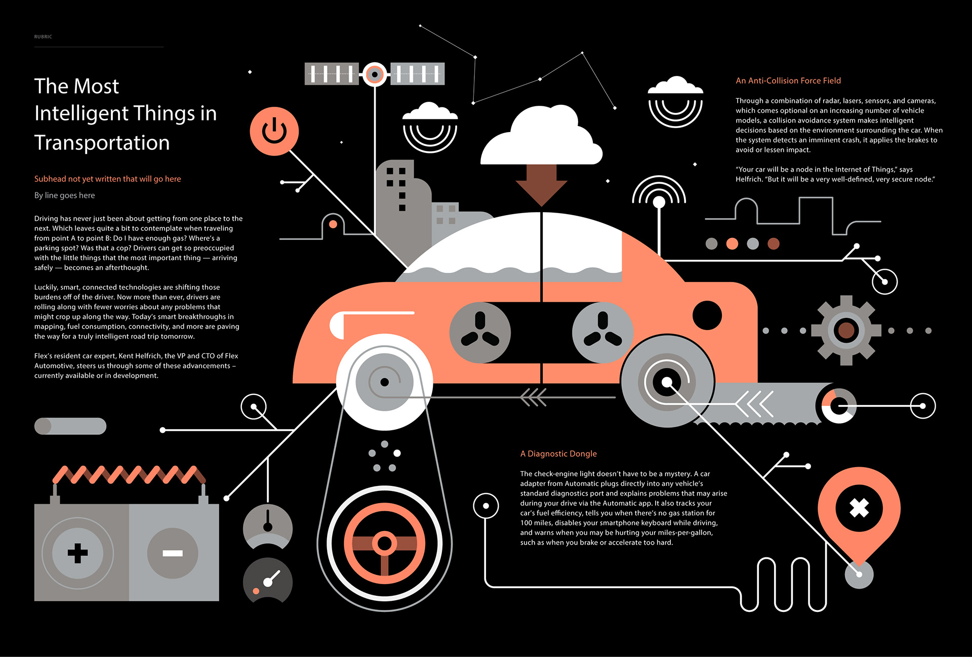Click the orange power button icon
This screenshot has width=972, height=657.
point(274,131)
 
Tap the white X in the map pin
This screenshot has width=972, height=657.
point(859,508)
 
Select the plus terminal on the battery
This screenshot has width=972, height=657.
point(77,553)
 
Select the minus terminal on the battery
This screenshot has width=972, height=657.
point(173,553)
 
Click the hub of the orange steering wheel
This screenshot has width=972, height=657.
point(384,544)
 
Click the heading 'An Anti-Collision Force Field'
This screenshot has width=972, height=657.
point(788,80)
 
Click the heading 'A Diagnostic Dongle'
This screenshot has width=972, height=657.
point(558,454)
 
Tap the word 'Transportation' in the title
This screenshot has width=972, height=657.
point(102,143)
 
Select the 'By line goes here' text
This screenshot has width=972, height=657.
point(64,195)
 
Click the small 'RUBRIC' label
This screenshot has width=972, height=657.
point(43,36)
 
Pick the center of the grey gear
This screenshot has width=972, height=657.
point(846,331)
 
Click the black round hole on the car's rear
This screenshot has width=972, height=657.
point(707,315)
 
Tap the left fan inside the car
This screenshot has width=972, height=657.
point(480,333)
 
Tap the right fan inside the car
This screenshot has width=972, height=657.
point(602,333)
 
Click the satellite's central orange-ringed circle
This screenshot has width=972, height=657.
point(375,74)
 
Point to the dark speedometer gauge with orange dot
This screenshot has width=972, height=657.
point(268,581)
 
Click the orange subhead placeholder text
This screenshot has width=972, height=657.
point(107,179)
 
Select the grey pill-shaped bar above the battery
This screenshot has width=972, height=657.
point(70,426)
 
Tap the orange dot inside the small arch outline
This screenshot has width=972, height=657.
point(333,224)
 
